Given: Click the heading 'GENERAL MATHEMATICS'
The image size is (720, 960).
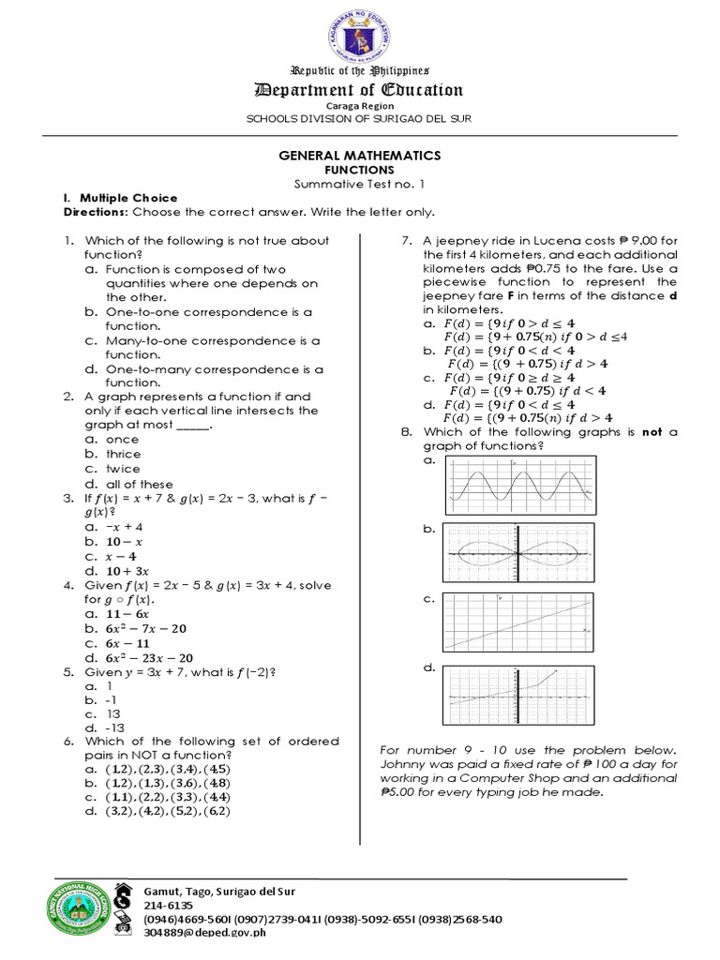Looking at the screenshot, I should tap(361, 156).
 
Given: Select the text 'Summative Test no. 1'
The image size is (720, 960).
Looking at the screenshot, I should tap(361, 184).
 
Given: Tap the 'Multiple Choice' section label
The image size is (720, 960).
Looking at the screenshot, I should tap(128, 199).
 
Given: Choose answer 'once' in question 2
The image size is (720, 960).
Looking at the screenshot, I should tap(123, 440).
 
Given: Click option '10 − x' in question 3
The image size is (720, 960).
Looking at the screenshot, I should tap(125, 542).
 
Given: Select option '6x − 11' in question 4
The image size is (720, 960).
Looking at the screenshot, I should tap(129, 644).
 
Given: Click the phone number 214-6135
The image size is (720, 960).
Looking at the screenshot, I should tap(168, 906).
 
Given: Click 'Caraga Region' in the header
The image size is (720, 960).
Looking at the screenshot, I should tap(361, 107).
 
